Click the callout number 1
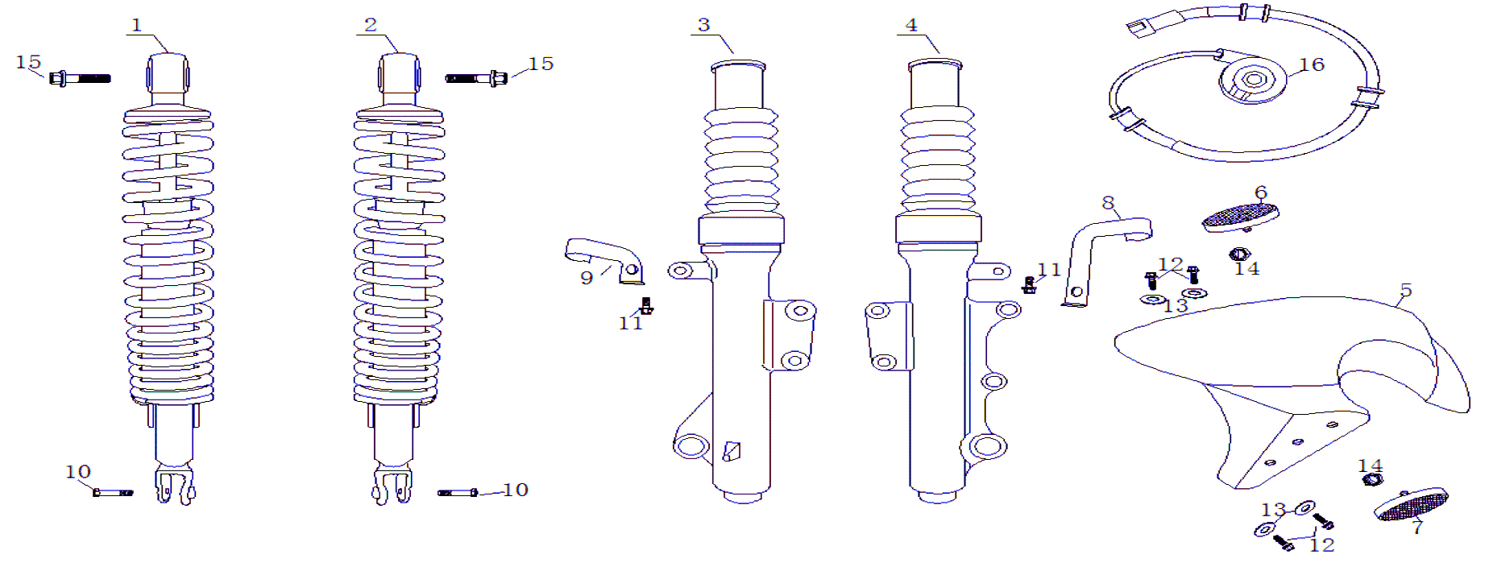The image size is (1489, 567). click(137, 26)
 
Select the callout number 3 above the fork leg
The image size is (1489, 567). click(703, 25)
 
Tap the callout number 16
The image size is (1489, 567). click(1312, 64)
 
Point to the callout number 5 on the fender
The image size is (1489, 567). click(1406, 290)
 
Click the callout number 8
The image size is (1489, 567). click(1108, 203)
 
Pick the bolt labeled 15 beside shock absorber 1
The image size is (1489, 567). click(80, 78)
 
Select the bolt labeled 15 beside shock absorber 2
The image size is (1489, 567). click(476, 78)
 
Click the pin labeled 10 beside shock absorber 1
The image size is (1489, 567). click(113, 492)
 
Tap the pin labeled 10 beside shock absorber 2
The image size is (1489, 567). click(458, 492)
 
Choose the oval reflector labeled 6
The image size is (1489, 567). click(1240, 217)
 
